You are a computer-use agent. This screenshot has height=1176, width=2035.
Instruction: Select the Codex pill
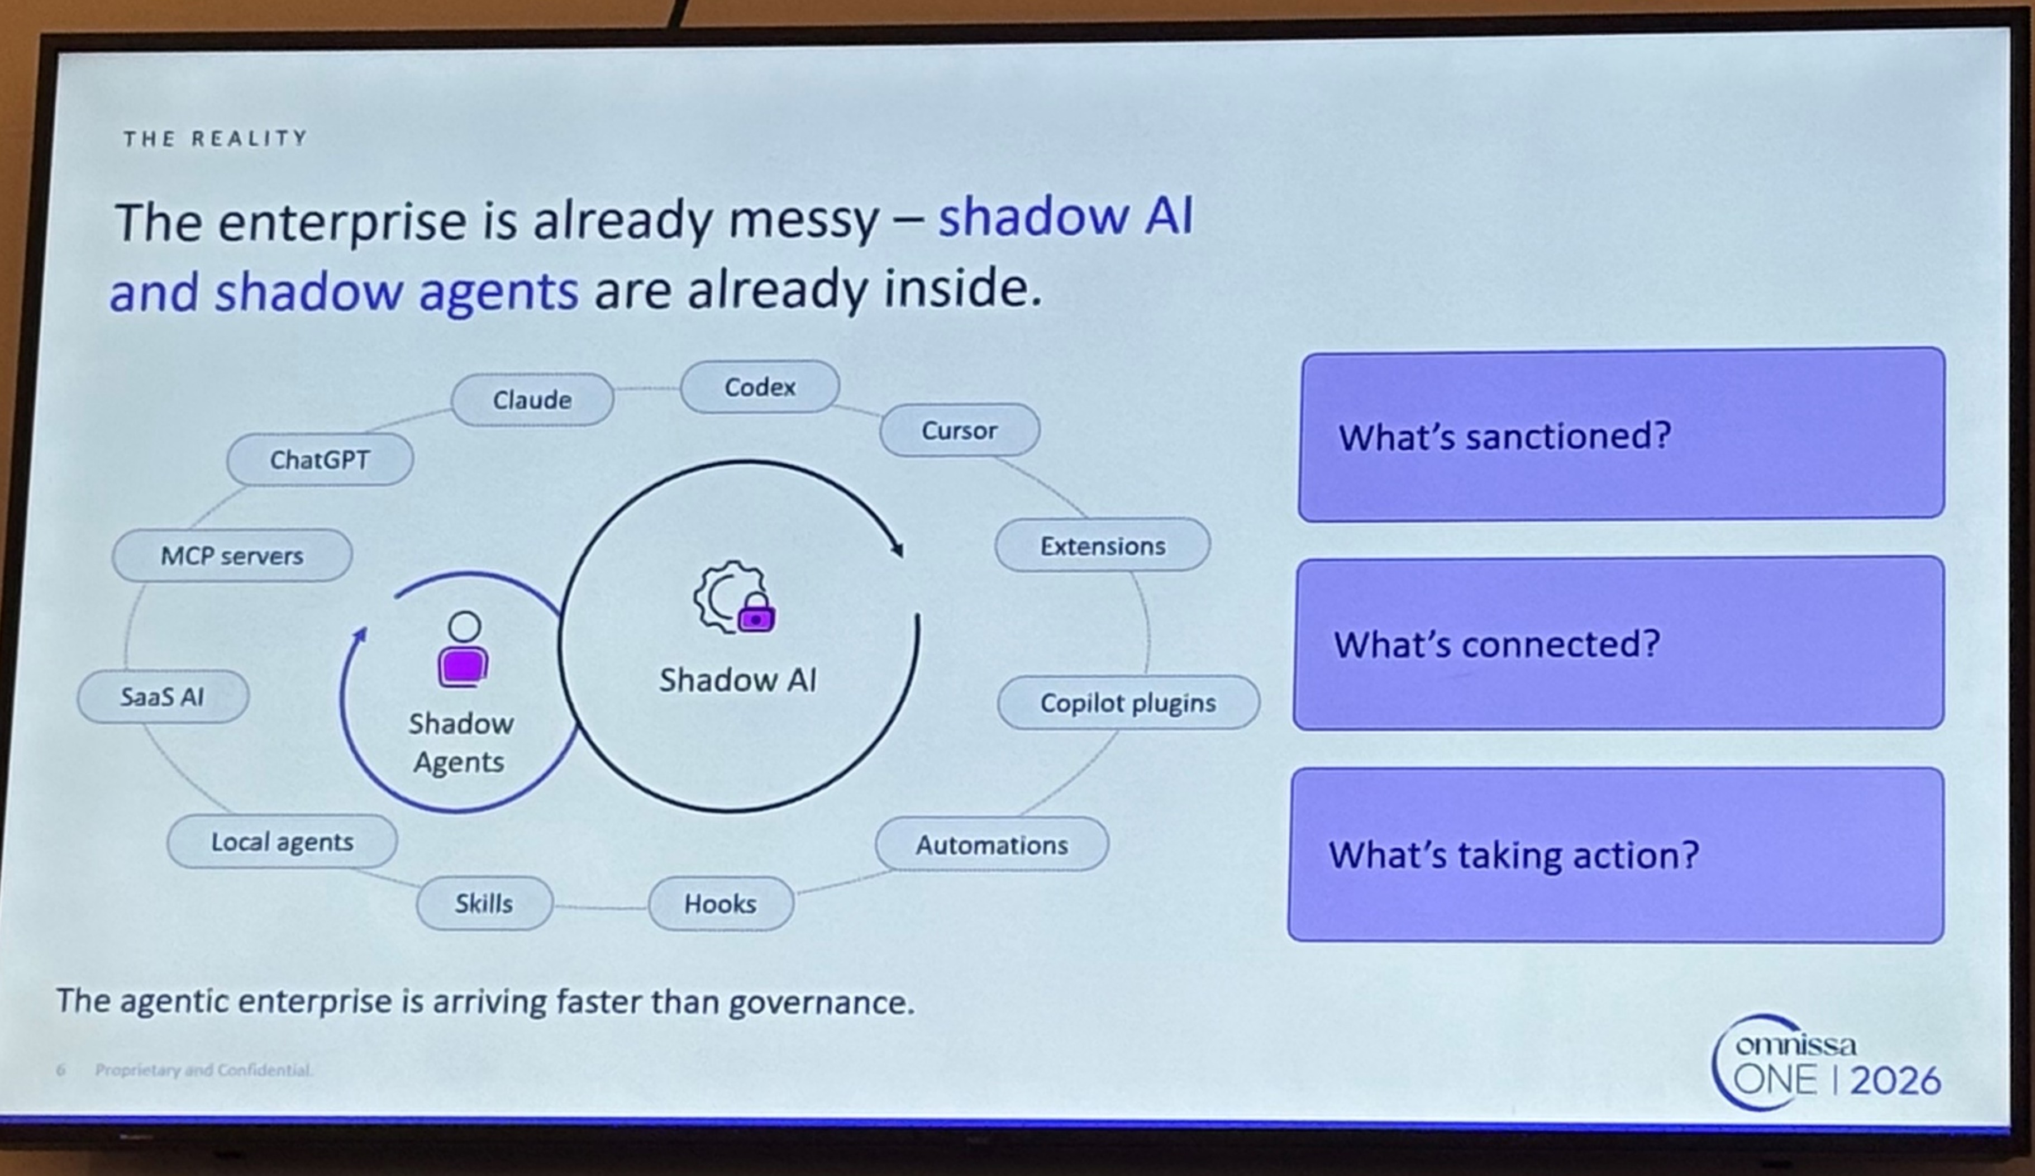coord(760,387)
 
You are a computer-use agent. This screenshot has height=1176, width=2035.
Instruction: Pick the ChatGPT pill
coord(320,460)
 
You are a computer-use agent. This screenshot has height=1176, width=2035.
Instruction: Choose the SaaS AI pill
coord(163,696)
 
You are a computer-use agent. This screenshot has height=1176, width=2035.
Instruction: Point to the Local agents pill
coord(282,841)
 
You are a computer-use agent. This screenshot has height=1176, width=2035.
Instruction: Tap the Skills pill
coord(484,903)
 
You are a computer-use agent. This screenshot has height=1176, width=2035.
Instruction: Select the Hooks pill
coord(721,903)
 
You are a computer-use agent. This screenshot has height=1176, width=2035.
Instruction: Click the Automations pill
coord(992,844)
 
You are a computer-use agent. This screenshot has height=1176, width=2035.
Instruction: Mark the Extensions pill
coord(1102,545)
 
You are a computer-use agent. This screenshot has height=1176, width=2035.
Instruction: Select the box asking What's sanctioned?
coord(1622,435)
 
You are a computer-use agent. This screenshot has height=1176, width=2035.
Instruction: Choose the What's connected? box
coord(1619,643)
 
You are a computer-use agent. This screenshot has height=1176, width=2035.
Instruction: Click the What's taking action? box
coord(1616,855)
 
